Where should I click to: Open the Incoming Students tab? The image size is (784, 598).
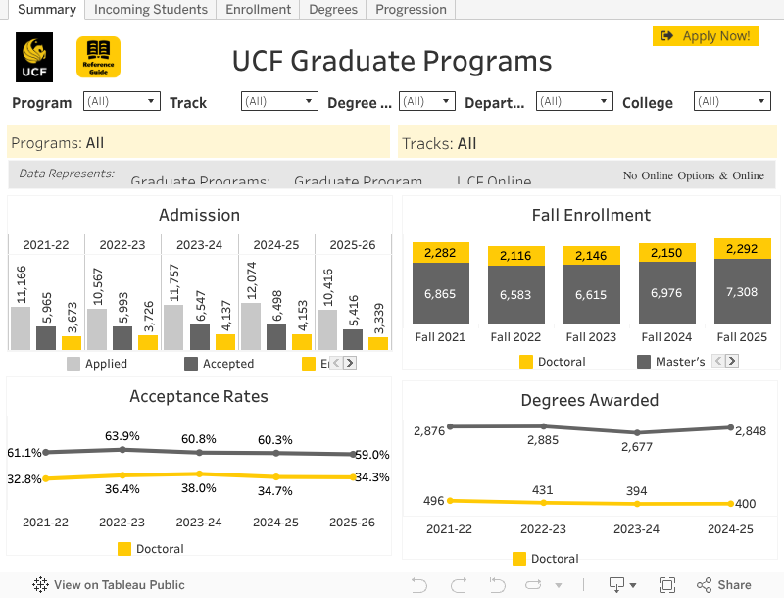click(151, 10)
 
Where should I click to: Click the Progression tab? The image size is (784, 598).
click(411, 10)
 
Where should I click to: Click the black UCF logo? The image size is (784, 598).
click(34, 58)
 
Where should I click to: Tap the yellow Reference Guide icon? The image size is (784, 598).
click(98, 58)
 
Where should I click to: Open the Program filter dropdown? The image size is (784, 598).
click(122, 101)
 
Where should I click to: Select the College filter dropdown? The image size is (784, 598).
click(731, 101)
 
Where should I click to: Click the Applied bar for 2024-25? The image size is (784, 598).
click(250, 326)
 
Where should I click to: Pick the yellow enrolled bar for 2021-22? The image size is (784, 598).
click(72, 343)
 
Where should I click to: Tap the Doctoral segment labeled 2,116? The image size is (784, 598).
click(515, 256)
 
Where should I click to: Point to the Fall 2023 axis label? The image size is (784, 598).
click(590, 336)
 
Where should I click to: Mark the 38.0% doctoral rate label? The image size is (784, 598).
click(199, 488)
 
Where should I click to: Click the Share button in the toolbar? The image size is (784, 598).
click(724, 585)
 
